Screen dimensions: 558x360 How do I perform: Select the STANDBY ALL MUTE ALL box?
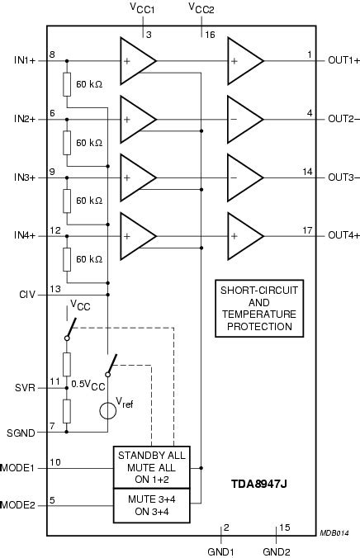point(152,468)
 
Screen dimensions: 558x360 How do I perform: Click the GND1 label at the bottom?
point(221,550)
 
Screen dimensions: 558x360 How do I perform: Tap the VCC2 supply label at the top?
point(202,8)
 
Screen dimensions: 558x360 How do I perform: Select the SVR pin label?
point(23,386)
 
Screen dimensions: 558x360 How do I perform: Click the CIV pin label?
point(26,294)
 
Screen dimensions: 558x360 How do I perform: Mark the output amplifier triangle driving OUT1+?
point(244,60)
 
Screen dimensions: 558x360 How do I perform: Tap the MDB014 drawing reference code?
point(335,534)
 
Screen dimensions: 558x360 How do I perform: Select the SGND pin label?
point(21,430)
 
